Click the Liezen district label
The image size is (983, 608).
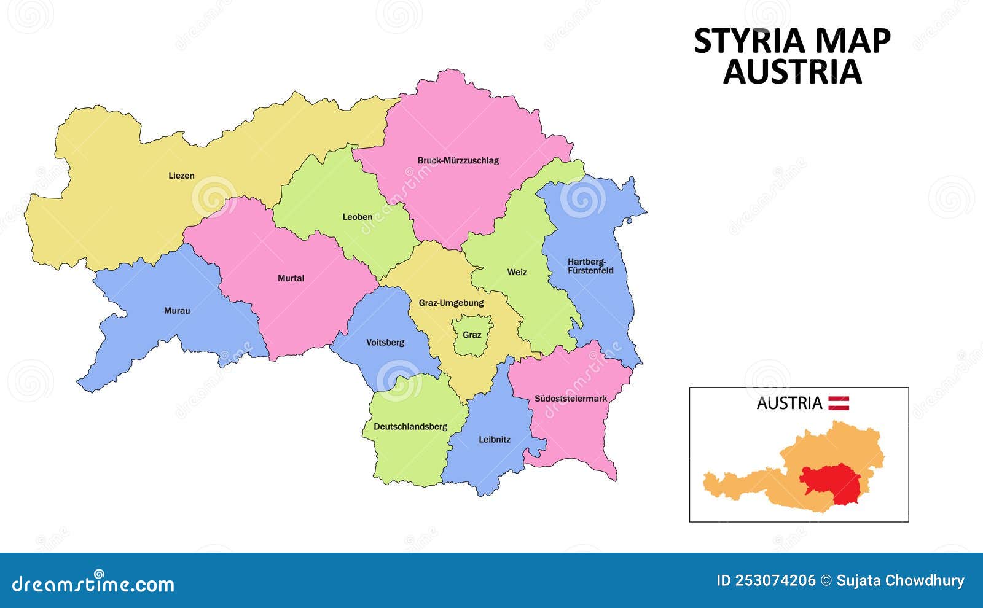pyautogui.click(x=181, y=176)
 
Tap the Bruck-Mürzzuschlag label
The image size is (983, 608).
pyautogui.click(x=458, y=161)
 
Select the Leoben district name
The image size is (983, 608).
pyautogui.click(x=357, y=217)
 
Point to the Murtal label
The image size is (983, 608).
pyautogui.click(x=291, y=278)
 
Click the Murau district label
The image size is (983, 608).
pyautogui.click(x=177, y=311)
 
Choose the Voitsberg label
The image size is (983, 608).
pyautogui.click(x=385, y=343)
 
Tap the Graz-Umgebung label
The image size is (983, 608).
pyautogui.click(x=451, y=303)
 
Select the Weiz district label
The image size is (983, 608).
pyautogui.click(x=517, y=272)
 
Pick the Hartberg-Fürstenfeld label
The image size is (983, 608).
pyautogui.click(x=590, y=266)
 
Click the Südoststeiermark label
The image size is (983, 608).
pyautogui.click(x=570, y=399)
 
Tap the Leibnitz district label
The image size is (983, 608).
pyautogui.click(x=495, y=440)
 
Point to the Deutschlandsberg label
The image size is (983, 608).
pyautogui.click(x=410, y=426)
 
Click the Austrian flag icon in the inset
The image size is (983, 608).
pyautogui.click(x=839, y=403)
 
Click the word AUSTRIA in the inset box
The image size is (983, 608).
pyautogui.click(x=789, y=403)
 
